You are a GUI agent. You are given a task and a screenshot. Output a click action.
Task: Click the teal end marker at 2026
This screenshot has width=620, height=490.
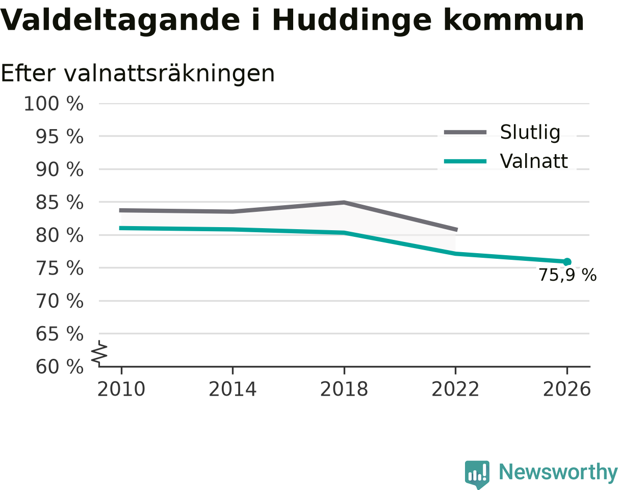pyautogui.click(x=566, y=262)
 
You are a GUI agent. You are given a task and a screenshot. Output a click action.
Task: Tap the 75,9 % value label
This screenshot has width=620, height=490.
pyautogui.click(x=567, y=275)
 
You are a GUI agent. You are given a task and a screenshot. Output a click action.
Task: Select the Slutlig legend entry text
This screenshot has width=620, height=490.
pyautogui.click(x=530, y=133)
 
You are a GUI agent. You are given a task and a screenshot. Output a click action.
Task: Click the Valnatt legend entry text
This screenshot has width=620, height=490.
pyautogui.click(x=534, y=161)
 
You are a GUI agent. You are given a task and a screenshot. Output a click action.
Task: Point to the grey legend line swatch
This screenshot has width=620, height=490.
pyautogui.click(x=466, y=132)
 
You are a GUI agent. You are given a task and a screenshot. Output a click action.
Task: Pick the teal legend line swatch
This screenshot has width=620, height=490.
pyautogui.click(x=466, y=161)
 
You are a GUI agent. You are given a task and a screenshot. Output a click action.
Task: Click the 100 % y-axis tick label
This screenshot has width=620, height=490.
pyautogui.click(x=54, y=104)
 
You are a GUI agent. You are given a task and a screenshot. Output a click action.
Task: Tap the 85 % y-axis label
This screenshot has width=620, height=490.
pyautogui.click(x=59, y=203)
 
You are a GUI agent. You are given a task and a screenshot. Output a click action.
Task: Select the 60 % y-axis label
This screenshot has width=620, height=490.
pyautogui.click(x=59, y=367)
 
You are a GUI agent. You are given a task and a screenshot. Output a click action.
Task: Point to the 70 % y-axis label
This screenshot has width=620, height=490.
pyautogui.click(x=59, y=301)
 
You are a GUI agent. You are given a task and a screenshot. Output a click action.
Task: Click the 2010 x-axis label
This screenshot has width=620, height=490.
pyautogui.click(x=121, y=389)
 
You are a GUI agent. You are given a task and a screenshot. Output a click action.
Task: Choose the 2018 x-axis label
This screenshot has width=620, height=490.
pyautogui.click(x=344, y=389)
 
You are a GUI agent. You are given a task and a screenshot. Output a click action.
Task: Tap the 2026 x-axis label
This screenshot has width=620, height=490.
pyautogui.click(x=566, y=389)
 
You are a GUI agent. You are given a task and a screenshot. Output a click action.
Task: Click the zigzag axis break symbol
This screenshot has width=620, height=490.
pyautogui.click(x=99, y=352)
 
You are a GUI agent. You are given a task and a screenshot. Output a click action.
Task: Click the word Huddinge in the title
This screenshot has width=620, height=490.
pyautogui.click(x=352, y=21)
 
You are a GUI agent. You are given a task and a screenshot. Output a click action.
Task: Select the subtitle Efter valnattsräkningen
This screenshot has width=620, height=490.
pyautogui.click(x=138, y=73)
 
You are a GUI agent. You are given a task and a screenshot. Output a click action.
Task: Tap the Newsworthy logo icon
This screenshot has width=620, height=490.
pyautogui.click(x=477, y=475)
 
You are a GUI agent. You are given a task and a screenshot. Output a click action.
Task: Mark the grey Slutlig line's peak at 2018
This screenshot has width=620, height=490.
pyautogui.click(x=344, y=203)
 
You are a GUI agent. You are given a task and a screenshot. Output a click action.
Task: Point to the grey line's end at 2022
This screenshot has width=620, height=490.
pyautogui.click(x=456, y=230)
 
